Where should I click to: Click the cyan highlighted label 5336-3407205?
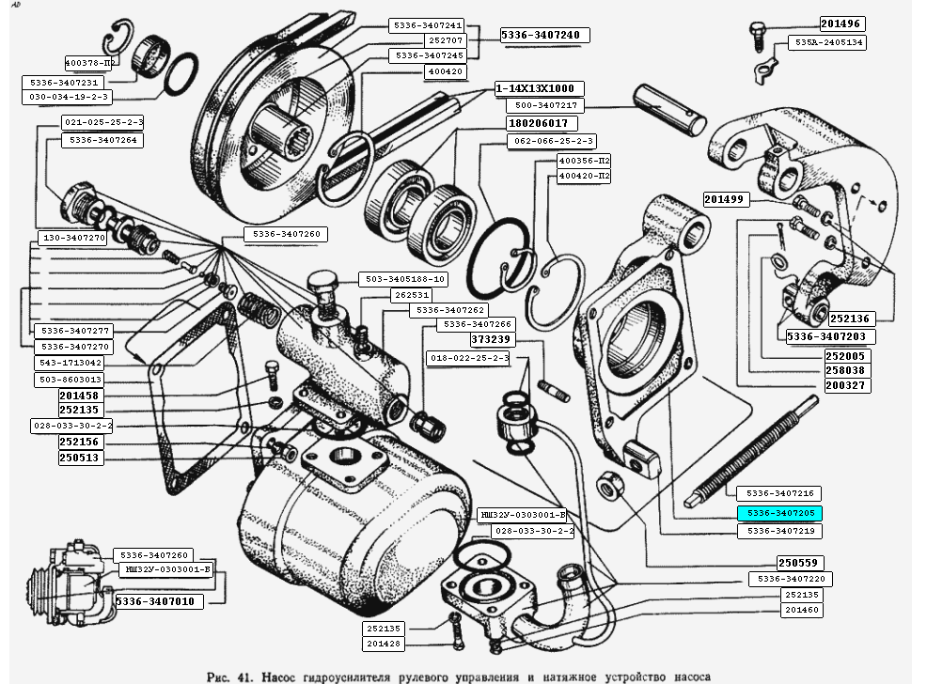coord(779,513)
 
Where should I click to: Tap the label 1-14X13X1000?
coord(535,88)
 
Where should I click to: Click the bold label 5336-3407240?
coord(545,36)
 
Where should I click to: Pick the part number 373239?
coord(491,340)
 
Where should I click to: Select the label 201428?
coord(385,644)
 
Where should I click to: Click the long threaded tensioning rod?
coord(753,451)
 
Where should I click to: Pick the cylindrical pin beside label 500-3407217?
coord(668,109)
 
